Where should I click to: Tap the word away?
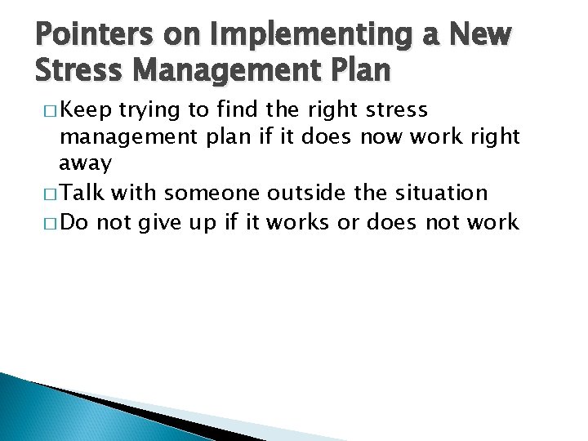click(85, 163)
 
